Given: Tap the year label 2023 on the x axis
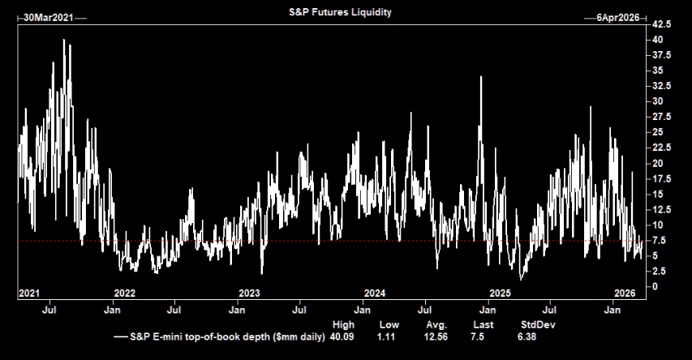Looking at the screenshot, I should click(249, 293).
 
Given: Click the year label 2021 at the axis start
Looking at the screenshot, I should click(29, 293).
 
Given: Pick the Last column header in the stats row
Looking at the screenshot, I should click(473, 324).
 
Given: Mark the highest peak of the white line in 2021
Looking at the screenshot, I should click(64, 40).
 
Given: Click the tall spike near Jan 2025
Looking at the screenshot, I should click(481, 77).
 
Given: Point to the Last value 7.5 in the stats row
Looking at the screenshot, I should click(474, 336).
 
